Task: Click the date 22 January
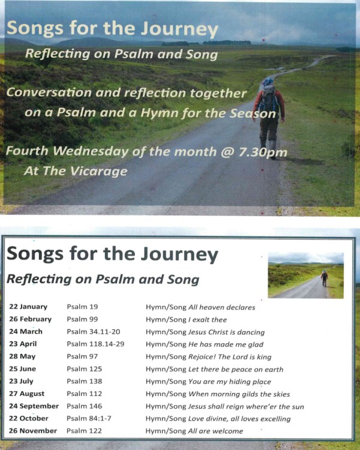coord(28,307)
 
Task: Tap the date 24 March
coord(26,332)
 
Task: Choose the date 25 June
coord(24,369)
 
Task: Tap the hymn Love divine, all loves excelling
coord(240,418)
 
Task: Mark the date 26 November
coord(33,431)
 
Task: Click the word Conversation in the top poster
coord(57,93)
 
